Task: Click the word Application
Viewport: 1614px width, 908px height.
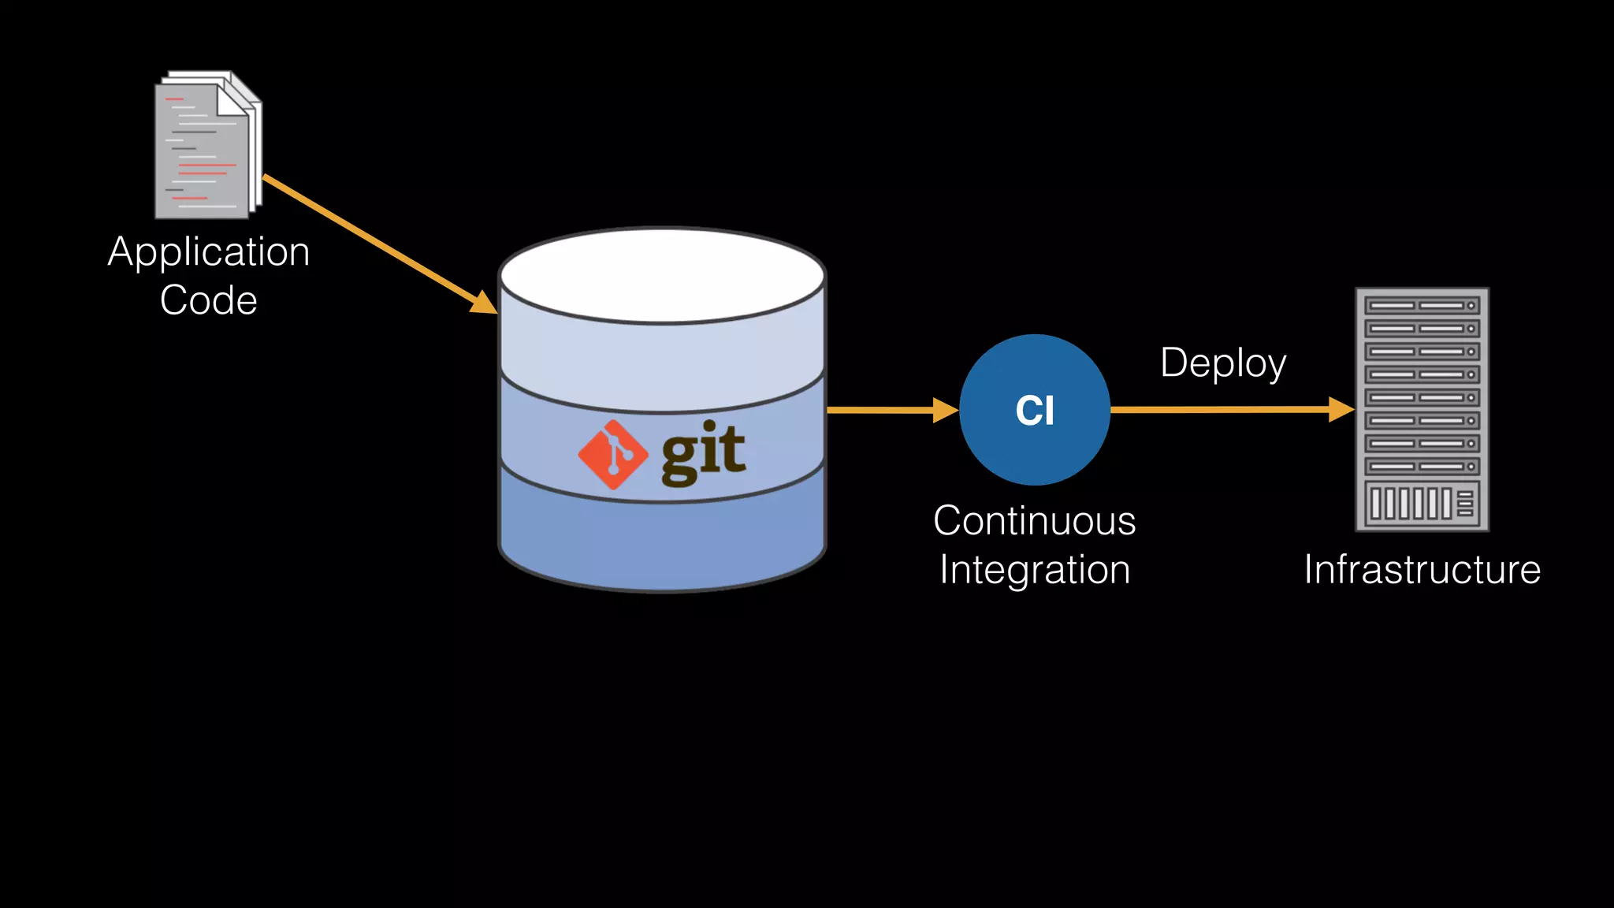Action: tap(209, 253)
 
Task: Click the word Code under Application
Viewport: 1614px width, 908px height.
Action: tap(209, 300)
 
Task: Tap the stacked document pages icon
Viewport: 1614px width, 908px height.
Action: tap(206, 147)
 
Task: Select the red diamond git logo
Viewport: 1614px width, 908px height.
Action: tap(613, 455)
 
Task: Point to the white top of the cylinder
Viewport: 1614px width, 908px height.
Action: tap(662, 276)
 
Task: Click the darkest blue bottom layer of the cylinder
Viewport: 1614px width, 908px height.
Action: tap(662, 544)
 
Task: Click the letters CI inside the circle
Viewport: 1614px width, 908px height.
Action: tap(1035, 411)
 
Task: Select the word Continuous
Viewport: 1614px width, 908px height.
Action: tap(1034, 521)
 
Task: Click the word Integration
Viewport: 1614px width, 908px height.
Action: tap(1035, 570)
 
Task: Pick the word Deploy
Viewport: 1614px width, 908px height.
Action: tap(1223, 363)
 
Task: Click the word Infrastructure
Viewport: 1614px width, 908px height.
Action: tap(1422, 570)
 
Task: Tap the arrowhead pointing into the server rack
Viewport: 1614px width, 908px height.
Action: tap(1341, 409)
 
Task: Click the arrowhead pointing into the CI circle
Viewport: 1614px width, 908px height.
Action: tap(945, 410)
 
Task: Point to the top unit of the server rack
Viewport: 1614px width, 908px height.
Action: tap(1422, 305)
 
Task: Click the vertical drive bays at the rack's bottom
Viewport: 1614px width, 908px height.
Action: tap(1411, 504)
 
